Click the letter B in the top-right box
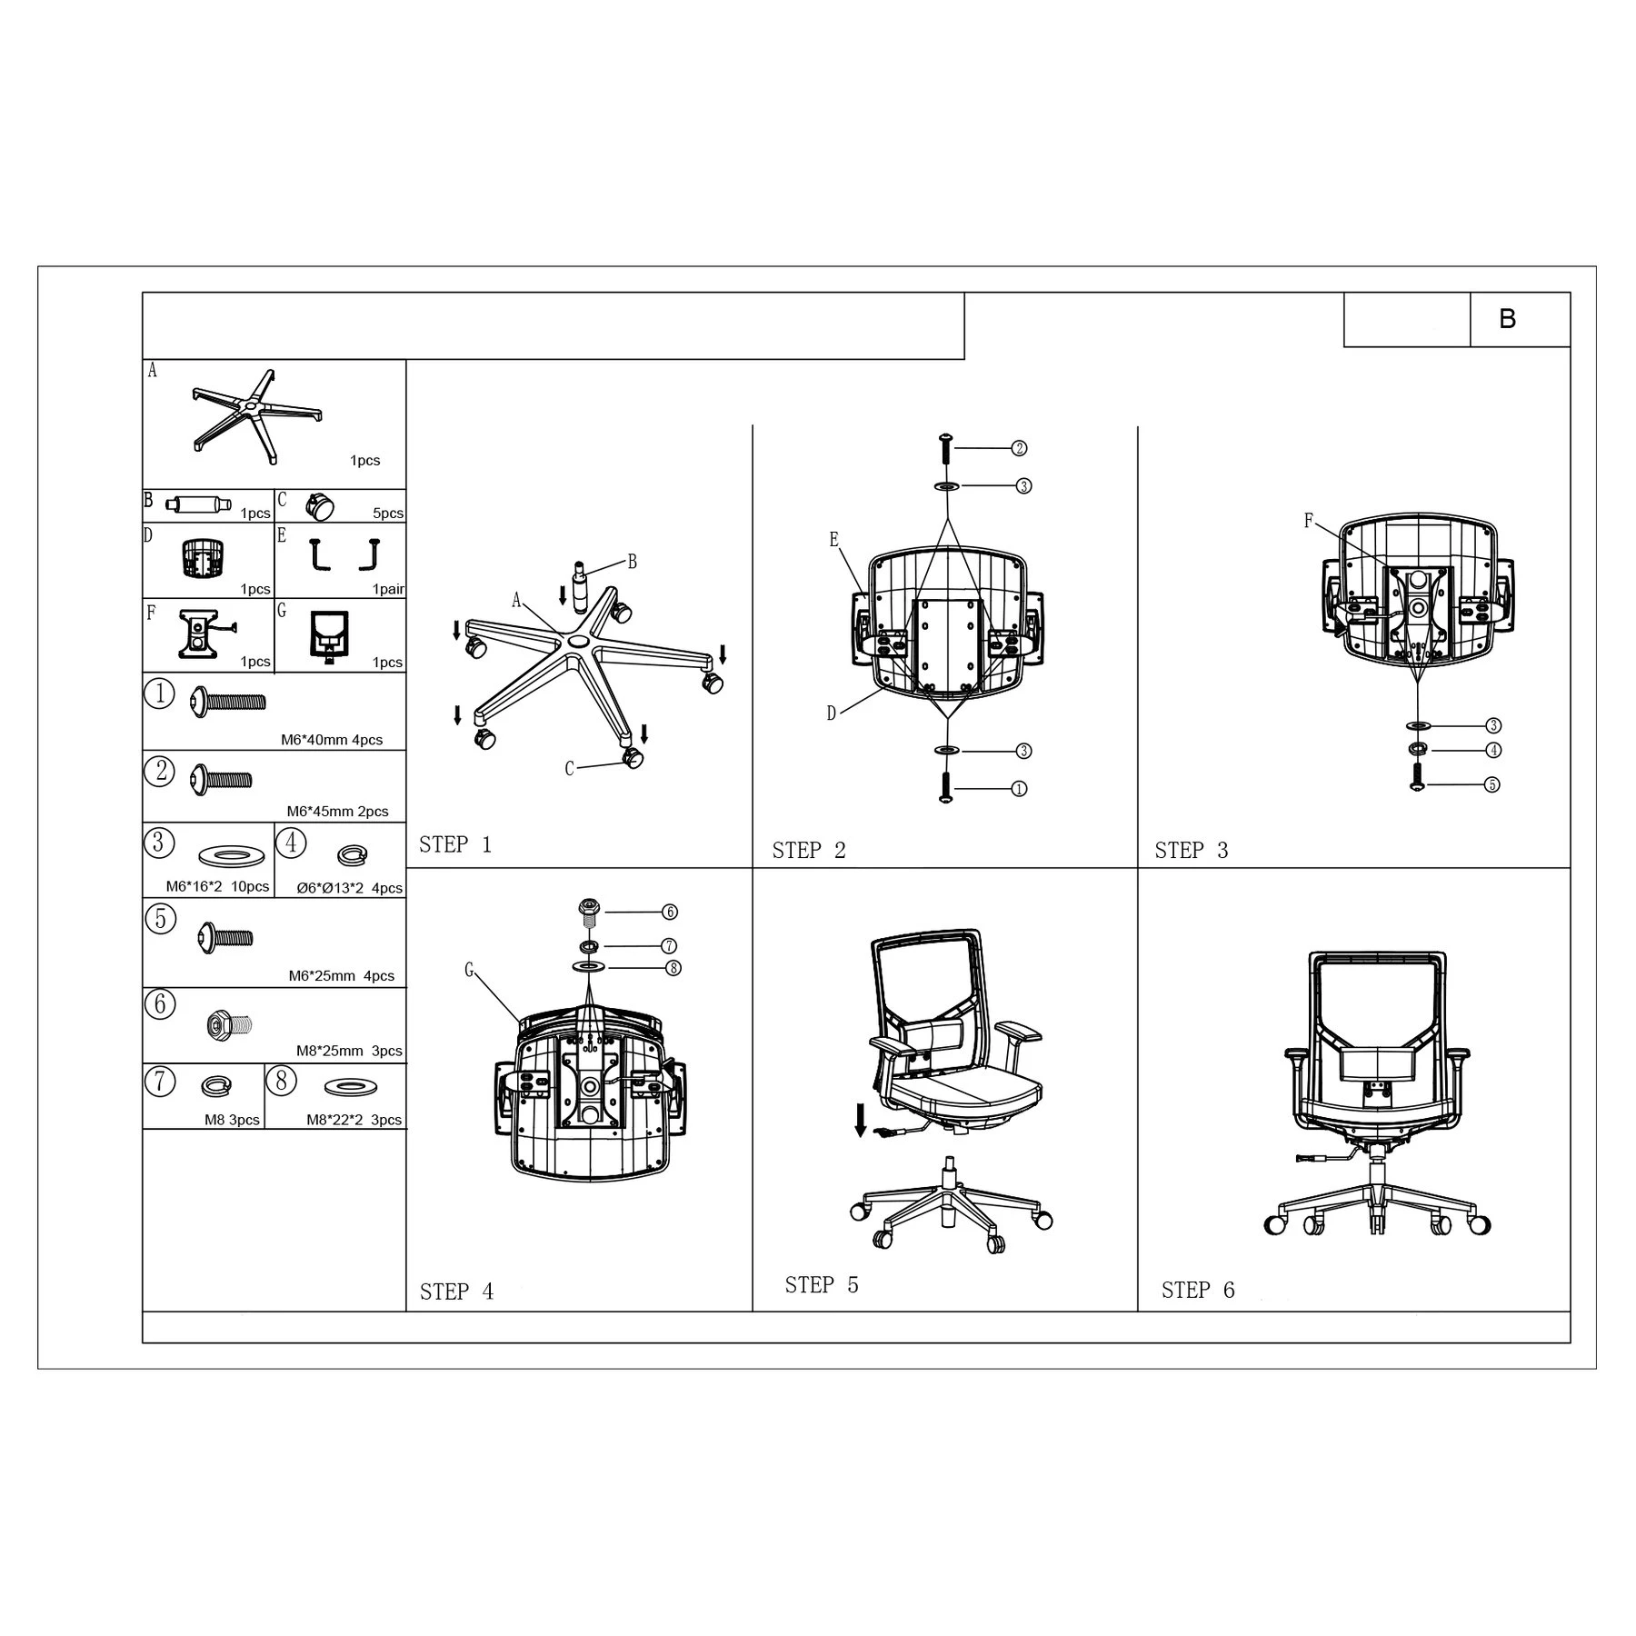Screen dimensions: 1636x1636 click(x=1507, y=319)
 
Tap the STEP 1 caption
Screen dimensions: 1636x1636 click(x=455, y=844)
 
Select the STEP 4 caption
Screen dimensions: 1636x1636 click(x=456, y=1292)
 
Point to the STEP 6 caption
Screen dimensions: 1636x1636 click(x=1198, y=1290)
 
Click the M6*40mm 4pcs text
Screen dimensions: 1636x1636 click(x=332, y=740)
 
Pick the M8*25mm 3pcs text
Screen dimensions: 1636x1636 click(x=349, y=1051)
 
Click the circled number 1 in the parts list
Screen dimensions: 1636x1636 click(x=159, y=693)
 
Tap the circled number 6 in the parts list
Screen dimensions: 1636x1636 click(x=160, y=1003)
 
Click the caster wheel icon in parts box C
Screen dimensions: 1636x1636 click(x=320, y=506)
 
